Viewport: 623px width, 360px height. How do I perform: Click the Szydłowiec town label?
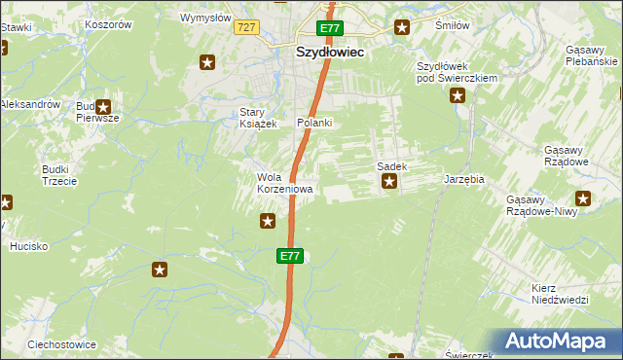(x=330, y=54)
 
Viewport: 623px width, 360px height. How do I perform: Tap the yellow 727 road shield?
(x=245, y=27)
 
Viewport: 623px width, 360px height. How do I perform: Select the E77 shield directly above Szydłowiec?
(x=329, y=28)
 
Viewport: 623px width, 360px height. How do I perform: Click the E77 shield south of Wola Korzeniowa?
(x=290, y=256)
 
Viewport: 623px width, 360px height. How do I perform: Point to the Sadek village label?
(x=391, y=166)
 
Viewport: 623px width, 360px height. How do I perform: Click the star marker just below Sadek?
(x=389, y=181)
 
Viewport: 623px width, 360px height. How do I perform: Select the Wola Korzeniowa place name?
(x=284, y=183)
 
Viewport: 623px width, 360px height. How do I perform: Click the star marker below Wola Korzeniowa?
(x=268, y=222)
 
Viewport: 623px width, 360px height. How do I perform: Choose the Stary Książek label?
(x=259, y=118)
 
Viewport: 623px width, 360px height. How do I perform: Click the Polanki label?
(x=315, y=123)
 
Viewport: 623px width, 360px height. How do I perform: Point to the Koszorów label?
(x=108, y=24)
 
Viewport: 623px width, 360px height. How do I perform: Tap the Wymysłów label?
(x=205, y=18)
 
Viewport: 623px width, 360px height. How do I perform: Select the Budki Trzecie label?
(x=55, y=174)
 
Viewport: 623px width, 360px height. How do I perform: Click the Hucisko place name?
(x=29, y=246)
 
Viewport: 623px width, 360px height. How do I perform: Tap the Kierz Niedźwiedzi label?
(x=561, y=294)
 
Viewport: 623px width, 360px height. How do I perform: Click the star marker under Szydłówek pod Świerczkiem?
(x=457, y=95)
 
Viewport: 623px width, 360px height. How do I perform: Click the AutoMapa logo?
(x=558, y=342)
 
